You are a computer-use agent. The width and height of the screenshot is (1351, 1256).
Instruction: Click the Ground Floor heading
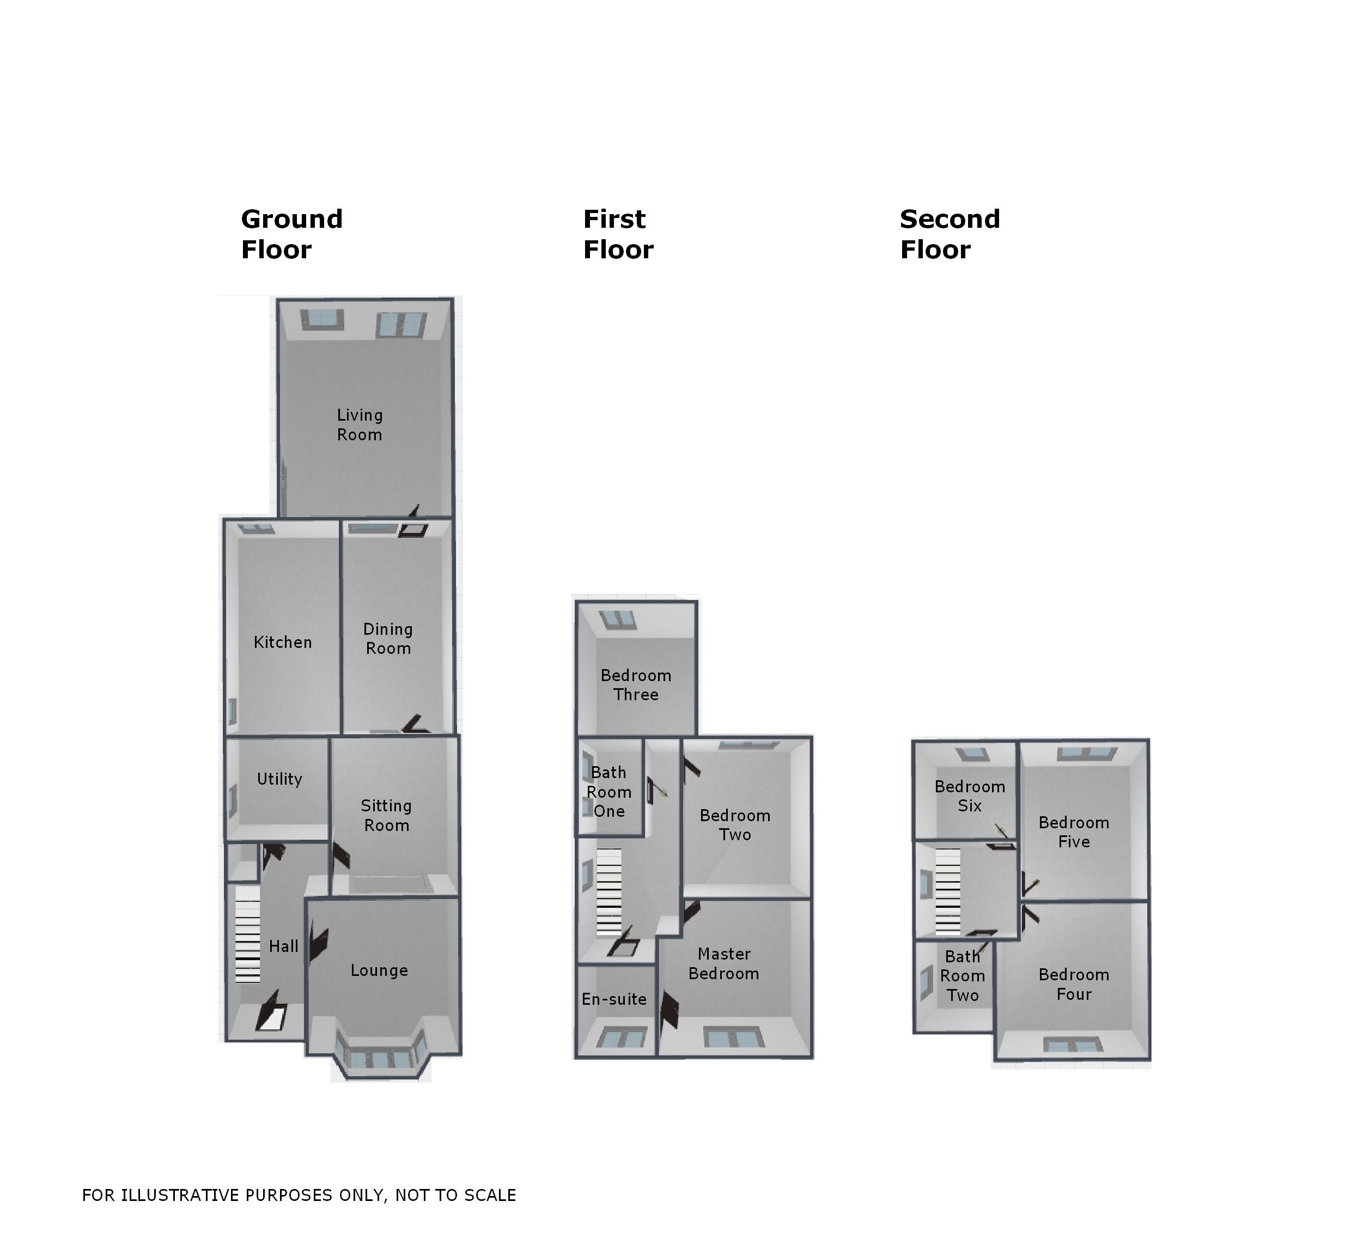[291, 234]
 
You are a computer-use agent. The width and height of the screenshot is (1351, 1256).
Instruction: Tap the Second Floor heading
[950, 234]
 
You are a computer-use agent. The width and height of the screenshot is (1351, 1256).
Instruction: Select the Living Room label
[360, 425]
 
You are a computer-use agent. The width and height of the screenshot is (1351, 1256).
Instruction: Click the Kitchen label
[283, 642]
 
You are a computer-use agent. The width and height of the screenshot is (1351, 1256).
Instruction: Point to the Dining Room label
[387, 639]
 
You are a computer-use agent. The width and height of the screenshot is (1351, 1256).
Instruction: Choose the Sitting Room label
[386, 816]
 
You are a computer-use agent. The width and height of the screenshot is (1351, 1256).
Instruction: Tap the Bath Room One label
[609, 792]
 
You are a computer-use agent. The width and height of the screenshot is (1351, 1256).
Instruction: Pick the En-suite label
[613, 999]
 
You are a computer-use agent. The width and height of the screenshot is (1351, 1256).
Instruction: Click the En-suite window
[621, 1038]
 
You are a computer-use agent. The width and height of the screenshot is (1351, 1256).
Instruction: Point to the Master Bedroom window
[733, 1038]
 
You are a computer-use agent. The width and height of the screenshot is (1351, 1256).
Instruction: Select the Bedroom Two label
[735, 825]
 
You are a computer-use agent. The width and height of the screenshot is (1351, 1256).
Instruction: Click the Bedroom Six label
[969, 796]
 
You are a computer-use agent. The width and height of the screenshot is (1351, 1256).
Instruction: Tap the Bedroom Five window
[1087, 753]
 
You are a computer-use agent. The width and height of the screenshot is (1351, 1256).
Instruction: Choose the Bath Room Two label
[962, 976]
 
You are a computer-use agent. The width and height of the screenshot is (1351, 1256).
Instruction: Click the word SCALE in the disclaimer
[491, 1196]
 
